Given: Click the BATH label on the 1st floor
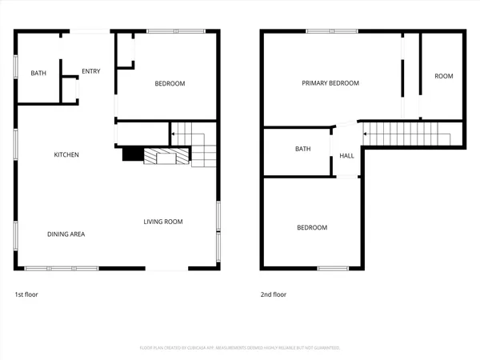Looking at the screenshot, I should point(38,74).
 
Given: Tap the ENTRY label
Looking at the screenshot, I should point(90,71).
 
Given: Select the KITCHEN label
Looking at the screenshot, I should point(66,154).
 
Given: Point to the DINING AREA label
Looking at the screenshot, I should point(66,234).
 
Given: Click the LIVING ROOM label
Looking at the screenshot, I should point(163,222).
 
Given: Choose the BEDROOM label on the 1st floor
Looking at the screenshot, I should point(170,84).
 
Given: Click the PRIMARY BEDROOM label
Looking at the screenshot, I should point(330,83).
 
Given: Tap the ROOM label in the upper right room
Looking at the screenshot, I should point(443,76).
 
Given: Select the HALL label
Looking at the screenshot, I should point(346,156).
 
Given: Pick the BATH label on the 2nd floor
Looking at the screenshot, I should point(302,149).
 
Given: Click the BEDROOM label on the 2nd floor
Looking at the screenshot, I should point(312,228).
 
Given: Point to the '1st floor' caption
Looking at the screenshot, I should point(26,294).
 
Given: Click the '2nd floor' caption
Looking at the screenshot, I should point(274,294).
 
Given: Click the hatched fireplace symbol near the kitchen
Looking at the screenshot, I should point(166,157).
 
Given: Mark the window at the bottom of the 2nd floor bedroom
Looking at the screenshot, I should point(333,268).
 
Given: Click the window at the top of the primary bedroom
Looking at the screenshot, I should point(331,32).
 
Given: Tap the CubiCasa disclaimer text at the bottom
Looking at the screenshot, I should point(240,348).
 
